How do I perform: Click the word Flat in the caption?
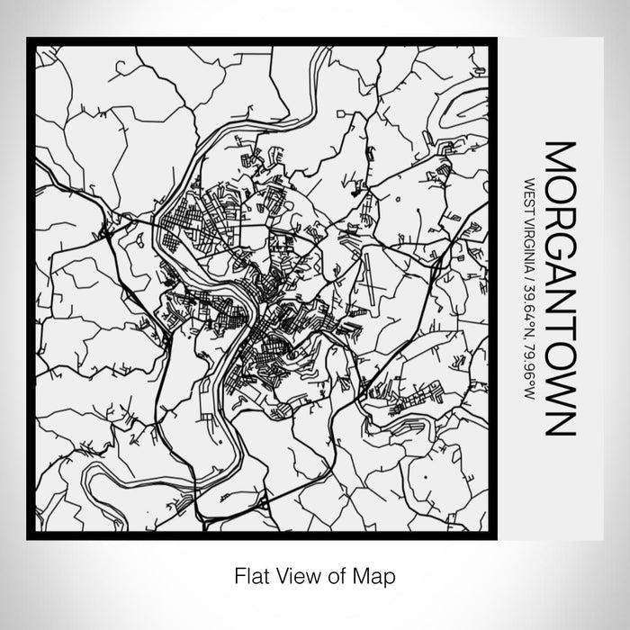251,573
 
